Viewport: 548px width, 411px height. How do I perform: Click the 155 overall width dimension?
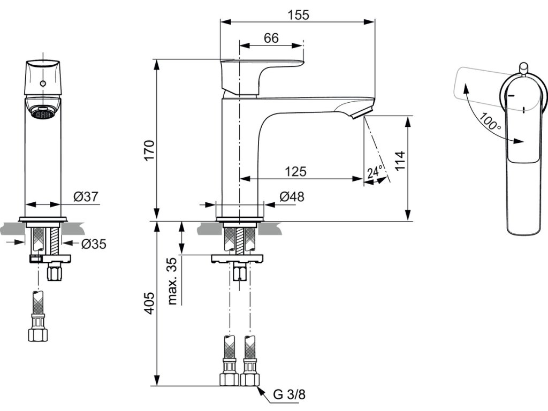(299, 15)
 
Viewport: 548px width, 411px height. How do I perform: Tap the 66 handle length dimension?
(271, 38)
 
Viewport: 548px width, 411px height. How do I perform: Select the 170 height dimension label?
(149, 150)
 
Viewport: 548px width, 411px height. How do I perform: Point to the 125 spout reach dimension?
(295, 172)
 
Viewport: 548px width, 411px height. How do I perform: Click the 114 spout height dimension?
(400, 161)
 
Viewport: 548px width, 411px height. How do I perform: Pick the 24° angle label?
(375, 172)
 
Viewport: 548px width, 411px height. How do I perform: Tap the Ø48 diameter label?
(292, 197)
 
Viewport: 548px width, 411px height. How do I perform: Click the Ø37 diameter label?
(86, 197)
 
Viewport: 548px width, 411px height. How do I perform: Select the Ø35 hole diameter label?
(94, 244)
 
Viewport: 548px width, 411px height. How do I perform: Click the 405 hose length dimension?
(149, 303)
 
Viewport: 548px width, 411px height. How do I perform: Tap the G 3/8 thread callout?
(290, 394)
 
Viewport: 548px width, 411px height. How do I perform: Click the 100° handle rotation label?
(490, 121)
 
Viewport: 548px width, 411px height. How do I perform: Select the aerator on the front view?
(43, 112)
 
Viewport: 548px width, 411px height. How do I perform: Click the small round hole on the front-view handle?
(43, 83)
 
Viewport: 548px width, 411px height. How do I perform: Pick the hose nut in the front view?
(38, 334)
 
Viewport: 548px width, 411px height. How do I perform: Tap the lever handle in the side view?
(262, 77)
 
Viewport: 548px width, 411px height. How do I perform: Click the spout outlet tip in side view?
(362, 114)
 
